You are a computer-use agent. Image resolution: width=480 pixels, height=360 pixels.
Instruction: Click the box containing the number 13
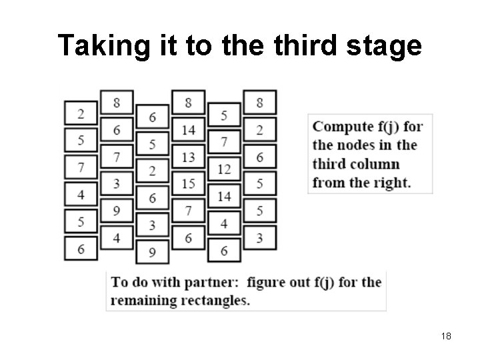point(188,156)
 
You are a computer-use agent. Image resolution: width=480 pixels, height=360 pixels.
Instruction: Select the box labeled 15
point(188,183)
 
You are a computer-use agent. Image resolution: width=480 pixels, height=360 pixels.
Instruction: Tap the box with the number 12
point(224,169)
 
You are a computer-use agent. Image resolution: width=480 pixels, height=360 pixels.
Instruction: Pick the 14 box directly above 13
point(188,129)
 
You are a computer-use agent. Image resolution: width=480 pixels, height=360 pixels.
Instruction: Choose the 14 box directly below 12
point(224,197)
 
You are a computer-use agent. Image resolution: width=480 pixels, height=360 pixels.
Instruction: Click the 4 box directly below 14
point(224,224)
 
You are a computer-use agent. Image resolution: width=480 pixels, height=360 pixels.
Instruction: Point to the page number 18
point(446,337)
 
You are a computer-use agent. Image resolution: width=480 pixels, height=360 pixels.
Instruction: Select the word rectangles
point(214,300)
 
